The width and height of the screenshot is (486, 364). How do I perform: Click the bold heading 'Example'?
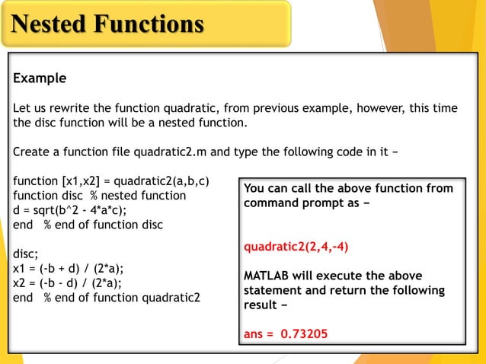(40, 78)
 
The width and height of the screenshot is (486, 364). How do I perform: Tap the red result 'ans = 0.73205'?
(286, 333)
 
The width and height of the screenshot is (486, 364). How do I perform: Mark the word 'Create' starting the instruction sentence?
(32, 152)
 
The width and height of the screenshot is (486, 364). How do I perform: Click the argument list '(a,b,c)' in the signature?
(190, 181)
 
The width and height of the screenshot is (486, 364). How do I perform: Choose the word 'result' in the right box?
(262, 305)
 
